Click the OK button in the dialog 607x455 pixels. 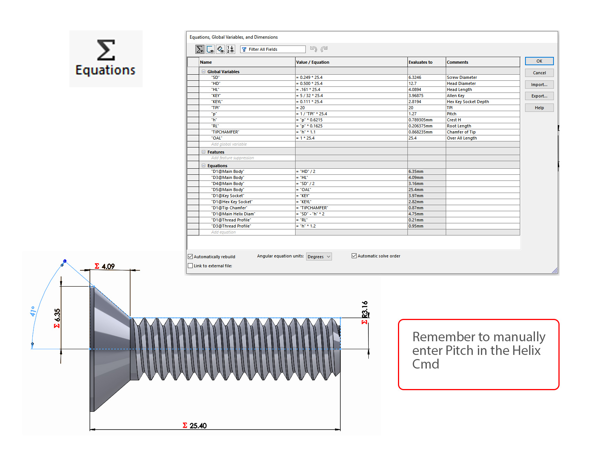(539, 61)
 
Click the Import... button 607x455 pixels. (539, 85)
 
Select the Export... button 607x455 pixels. (539, 96)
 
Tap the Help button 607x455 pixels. (539, 108)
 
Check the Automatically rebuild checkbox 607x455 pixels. (190, 256)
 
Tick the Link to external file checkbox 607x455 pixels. (190, 265)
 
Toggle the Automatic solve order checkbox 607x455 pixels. (354, 256)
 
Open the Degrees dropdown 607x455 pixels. (319, 256)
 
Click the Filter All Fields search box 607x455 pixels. (273, 49)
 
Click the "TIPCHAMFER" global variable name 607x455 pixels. (225, 132)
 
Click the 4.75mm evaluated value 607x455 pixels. (416, 214)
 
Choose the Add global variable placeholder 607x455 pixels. (229, 144)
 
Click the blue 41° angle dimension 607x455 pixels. (33, 311)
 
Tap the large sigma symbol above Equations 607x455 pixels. (106, 50)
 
